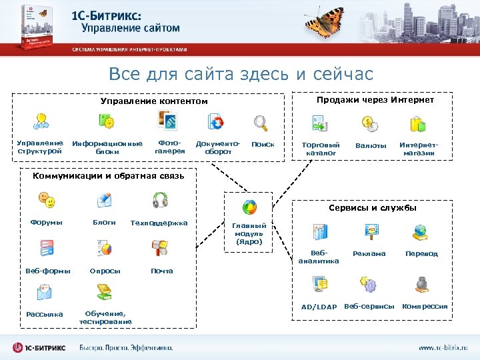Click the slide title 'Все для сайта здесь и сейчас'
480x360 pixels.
click(241, 73)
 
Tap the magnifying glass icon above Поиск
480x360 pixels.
click(260, 123)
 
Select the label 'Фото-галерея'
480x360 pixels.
click(169, 147)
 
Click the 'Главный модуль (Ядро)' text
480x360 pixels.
click(249, 234)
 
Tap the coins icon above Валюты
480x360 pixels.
click(370, 123)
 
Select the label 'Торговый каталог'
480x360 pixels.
click(321, 149)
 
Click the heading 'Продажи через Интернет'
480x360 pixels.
click(375, 100)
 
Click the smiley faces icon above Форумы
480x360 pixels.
click(46, 199)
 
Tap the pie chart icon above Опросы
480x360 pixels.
click(105, 248)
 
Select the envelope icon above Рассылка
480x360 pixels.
click(45, 291)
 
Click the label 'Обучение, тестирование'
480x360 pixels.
click(105, 318)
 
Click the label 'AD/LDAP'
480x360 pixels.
click(319, 307)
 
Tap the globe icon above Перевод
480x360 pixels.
click(421, 231)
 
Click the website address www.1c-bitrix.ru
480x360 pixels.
click(443, 347)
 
